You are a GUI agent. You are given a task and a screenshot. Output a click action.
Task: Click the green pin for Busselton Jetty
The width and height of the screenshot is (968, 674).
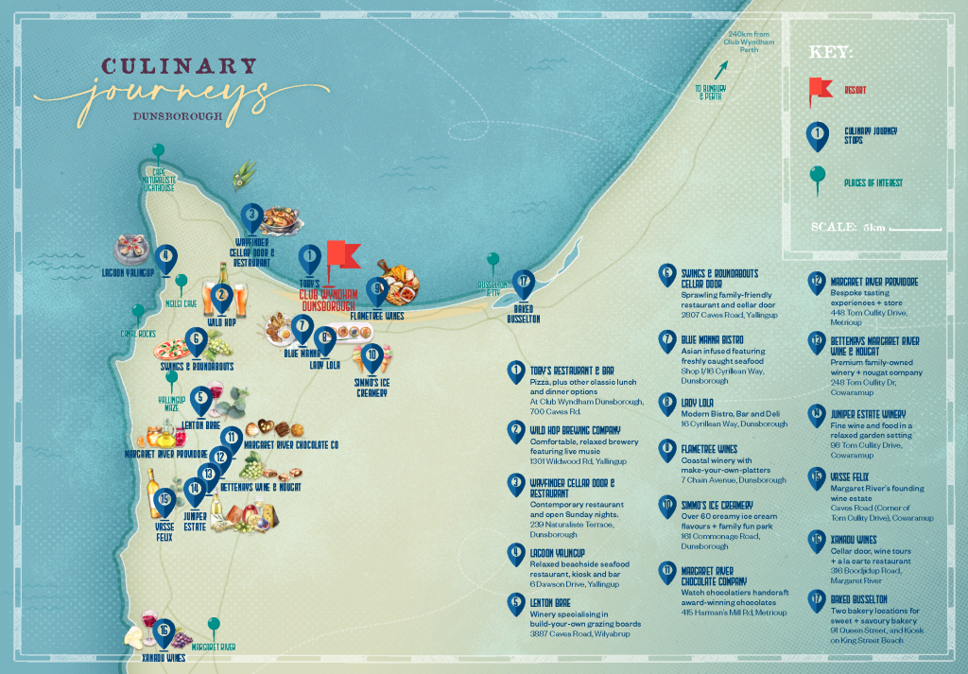click(x=492, y=260)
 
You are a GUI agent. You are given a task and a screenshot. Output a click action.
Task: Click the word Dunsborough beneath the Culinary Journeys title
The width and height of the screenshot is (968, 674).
click(x=179, y=118)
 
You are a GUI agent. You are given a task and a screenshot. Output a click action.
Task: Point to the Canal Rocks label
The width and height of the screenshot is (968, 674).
click(x=136, y=334)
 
